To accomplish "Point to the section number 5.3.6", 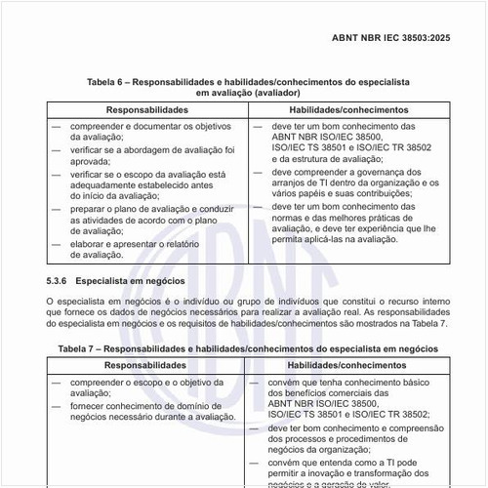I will [60, 280].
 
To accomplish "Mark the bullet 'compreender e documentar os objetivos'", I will [147, 127].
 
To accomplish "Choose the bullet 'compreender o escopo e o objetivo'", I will [147, 382].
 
